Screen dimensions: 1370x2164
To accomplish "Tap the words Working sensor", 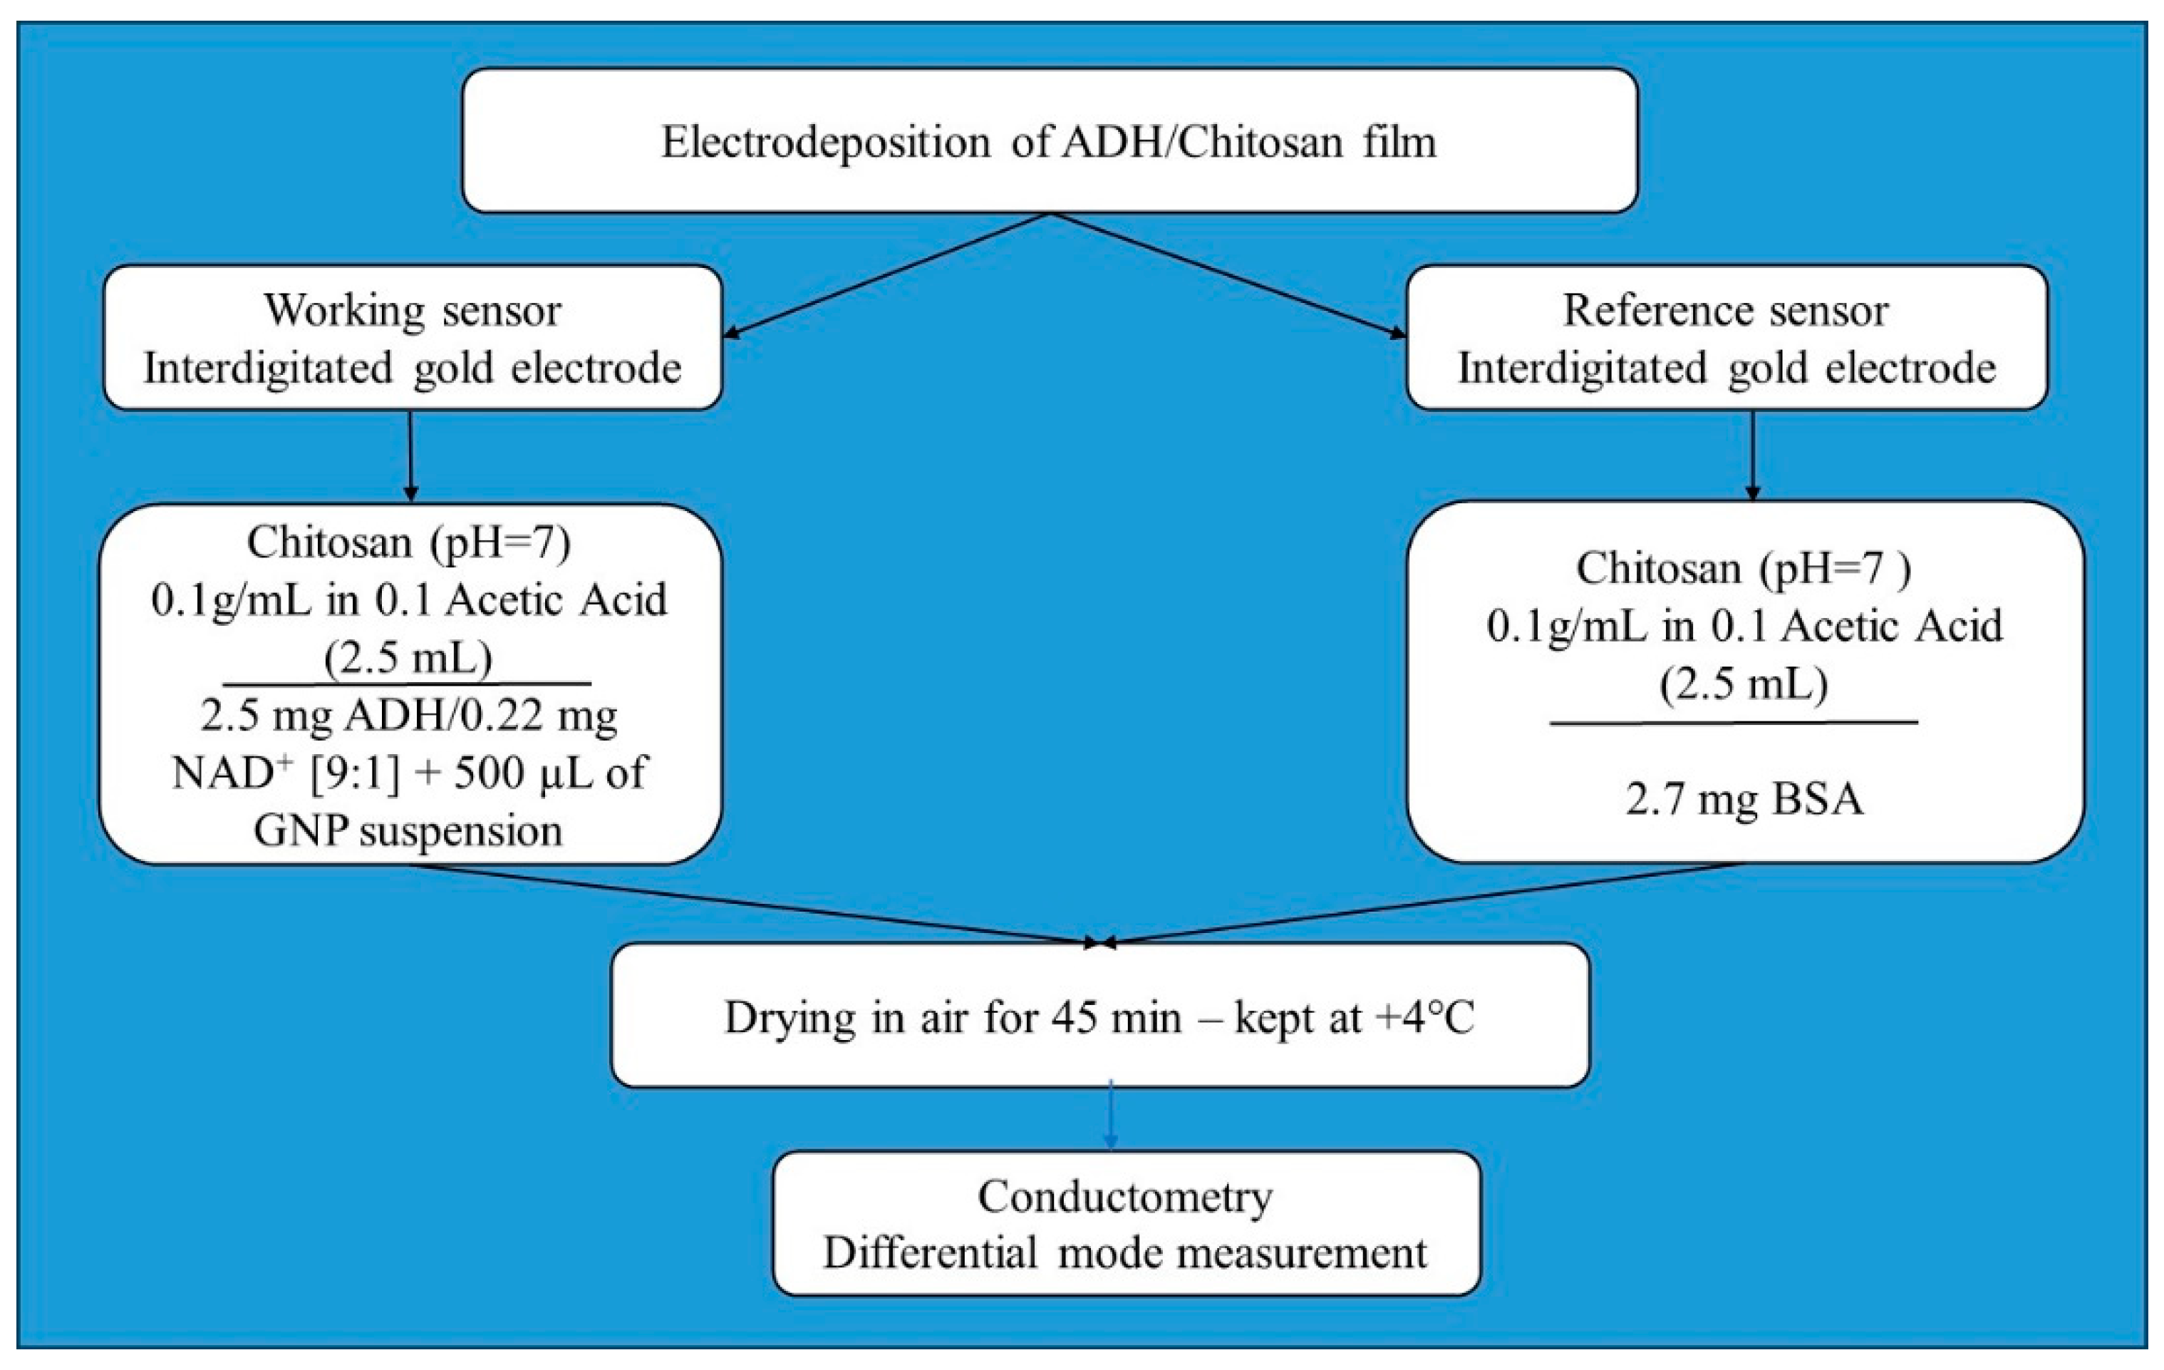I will [412, 311].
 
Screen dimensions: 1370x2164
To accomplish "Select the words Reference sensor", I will [1726, 311].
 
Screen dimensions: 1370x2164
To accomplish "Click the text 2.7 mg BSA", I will [1744, 798].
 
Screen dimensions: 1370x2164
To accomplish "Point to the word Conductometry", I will [1125, 1197].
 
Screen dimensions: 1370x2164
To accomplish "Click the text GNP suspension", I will [408, 830].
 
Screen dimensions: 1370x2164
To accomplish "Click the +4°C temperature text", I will [1424, 1018].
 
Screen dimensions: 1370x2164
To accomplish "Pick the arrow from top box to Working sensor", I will [885, 275].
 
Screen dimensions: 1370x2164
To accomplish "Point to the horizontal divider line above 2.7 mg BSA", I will [1734, 722].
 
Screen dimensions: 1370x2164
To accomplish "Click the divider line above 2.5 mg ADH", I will [407, 684].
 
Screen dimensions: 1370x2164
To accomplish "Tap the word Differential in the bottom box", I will [930, 1253].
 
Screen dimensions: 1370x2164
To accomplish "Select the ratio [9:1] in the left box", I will [355, 772].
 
